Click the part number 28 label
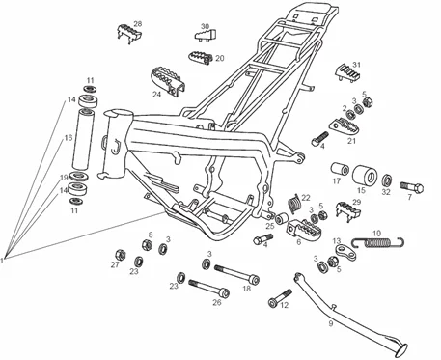(x=138, y=24)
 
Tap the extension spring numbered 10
(x=378, y=241)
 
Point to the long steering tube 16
(x=83, y=139)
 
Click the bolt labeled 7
(x=412, y=187)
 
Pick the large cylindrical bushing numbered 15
(x=365, y=175)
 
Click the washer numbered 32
(x=387, y=180)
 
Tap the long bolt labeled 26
(x=208, y=289)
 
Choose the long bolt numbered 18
(x=237, y=274)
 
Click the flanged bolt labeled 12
(x=280, y=298)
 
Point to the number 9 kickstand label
(x=331, y=323)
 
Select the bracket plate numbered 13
(x=345, y=252)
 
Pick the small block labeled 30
(x=206, y=35)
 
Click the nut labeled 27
(x=121, y=256)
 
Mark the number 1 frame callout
(x=2, y=260)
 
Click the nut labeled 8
(x=147, y=245)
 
